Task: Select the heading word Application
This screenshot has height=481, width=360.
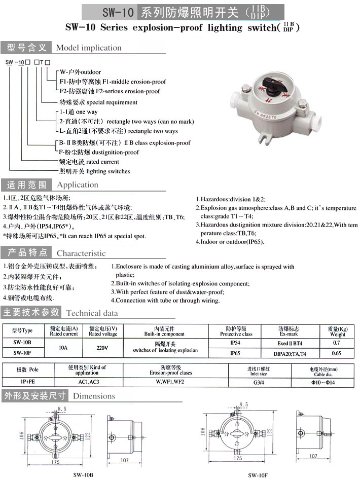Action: coord(78,185)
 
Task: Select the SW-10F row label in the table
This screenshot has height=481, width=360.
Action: coord(22,353)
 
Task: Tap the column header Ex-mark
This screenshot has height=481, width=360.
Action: coord(288,334)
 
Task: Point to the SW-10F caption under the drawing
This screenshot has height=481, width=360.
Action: coord(258,475)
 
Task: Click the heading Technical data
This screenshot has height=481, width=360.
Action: coord(92,313)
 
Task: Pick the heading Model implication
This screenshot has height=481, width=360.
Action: coord(89,48)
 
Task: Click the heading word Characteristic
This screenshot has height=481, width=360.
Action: coord(81,253)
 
